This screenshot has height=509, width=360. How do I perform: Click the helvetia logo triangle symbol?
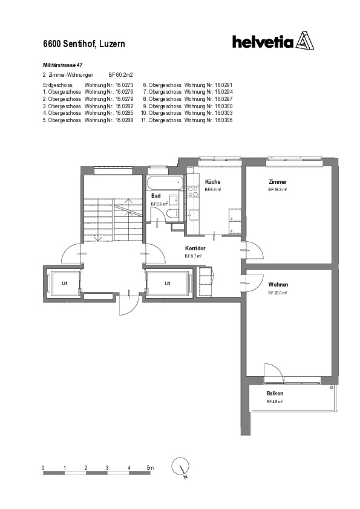pos(306,42)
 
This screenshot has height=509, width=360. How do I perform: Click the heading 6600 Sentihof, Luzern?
pos(84,44)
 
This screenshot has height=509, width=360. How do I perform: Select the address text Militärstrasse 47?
pos(63,64)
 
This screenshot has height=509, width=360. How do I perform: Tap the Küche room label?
pos(212,182)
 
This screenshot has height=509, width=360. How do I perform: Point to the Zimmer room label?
pos(278,182)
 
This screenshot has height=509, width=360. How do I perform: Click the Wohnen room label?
pos(278,285)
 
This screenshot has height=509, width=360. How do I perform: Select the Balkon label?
pos(275,393)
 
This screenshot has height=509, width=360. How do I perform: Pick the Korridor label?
pos(195,248)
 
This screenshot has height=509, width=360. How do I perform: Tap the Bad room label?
pos(155,196)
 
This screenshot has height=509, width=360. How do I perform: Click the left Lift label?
pos(64,282)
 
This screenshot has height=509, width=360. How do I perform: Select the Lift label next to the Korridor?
pos(168,282)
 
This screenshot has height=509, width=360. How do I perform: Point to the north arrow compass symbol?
pos(181,467)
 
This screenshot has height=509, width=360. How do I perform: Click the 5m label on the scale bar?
pos(151,468)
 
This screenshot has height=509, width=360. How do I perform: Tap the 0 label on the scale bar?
pos(43,468)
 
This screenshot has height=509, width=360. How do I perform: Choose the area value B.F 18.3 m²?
pos(278,190)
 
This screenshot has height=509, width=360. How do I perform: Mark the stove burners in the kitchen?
pos(194,192)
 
